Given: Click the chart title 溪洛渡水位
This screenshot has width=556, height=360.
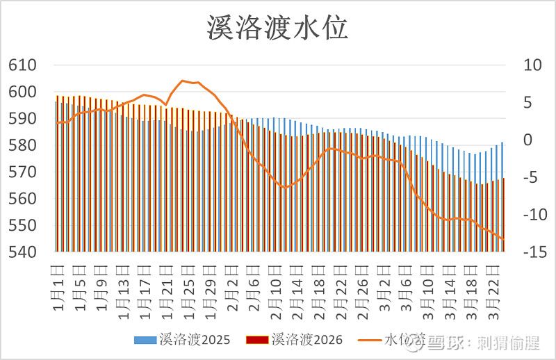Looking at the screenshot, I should [x=277, y=28].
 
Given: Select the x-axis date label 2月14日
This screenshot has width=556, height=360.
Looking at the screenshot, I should [x=297, y=281].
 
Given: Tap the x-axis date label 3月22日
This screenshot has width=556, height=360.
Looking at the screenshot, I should [x=495, y=281].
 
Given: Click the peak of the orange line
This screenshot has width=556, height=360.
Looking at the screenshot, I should [x=182, y=81].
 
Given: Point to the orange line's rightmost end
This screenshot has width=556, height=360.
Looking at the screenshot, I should [x=503, y=239].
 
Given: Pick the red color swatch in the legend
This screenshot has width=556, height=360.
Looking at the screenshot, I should [x=256, y=340].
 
